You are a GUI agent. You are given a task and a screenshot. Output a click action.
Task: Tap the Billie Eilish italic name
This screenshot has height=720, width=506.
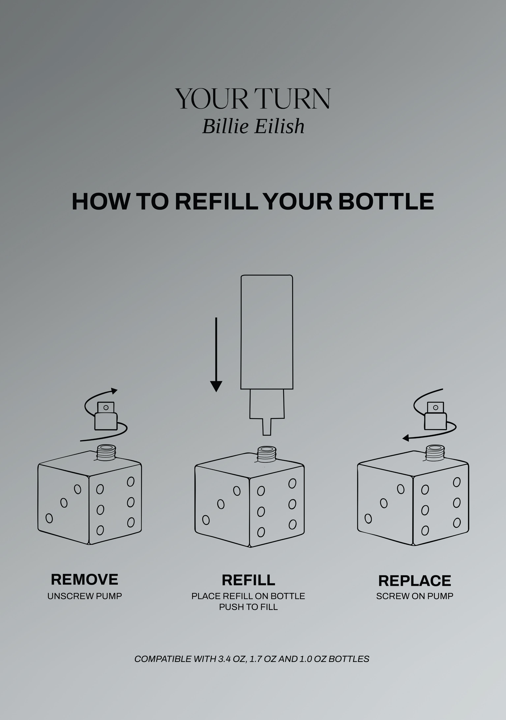pos(253,126)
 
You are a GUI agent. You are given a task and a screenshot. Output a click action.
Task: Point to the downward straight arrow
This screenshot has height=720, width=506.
pos(216,354)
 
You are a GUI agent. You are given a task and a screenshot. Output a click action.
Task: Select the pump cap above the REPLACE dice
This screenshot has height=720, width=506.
pos(435,416)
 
